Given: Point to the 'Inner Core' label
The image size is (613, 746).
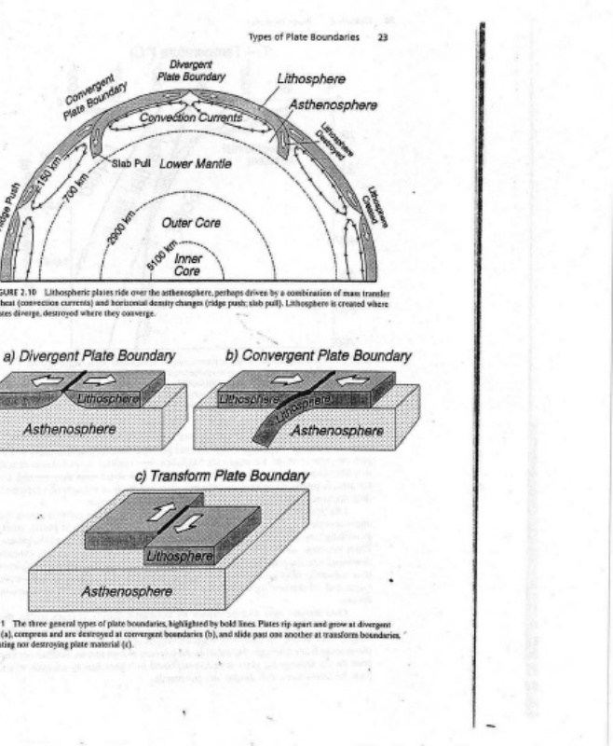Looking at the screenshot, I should pos(188,263).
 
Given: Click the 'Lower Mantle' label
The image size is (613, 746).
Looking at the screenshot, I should pos(195,163).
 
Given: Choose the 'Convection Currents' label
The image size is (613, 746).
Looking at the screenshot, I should pos(190,118).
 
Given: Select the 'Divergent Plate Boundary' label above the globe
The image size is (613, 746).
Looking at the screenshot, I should pos(191,71).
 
